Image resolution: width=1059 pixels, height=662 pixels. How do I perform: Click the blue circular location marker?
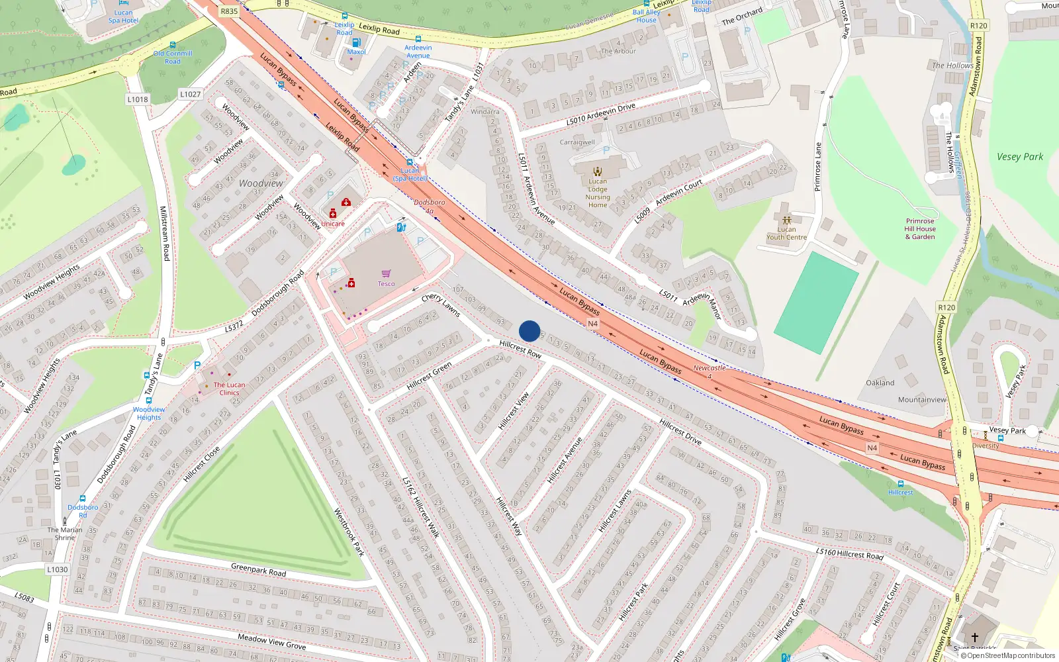529,331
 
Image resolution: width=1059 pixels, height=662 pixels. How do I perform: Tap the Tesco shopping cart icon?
387,273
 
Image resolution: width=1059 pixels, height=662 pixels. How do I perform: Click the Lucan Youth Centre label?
786,233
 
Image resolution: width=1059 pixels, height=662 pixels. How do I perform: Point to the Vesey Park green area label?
1019,157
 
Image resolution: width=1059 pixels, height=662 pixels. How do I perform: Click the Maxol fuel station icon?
356,43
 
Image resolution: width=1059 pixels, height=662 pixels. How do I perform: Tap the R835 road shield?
229,11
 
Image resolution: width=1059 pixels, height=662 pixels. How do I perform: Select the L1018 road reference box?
138,99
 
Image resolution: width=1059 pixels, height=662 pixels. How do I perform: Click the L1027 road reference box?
190,94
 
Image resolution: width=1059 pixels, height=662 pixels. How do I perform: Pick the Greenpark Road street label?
258,569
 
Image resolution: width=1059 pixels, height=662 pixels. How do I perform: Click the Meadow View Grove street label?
271,641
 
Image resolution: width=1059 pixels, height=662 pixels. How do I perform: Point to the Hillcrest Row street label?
520,349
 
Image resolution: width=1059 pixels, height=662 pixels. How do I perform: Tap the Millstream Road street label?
165,233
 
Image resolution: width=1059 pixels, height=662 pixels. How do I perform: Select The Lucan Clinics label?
229,389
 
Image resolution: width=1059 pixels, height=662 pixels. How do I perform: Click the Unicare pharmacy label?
333,224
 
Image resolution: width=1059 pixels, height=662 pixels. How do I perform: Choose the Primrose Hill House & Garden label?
920,229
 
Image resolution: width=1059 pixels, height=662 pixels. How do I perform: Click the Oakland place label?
880,383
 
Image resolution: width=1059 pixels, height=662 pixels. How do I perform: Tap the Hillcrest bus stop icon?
900,484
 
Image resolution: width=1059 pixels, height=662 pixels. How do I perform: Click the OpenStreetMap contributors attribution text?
1011,655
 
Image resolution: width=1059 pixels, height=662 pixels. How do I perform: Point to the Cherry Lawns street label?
441,305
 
